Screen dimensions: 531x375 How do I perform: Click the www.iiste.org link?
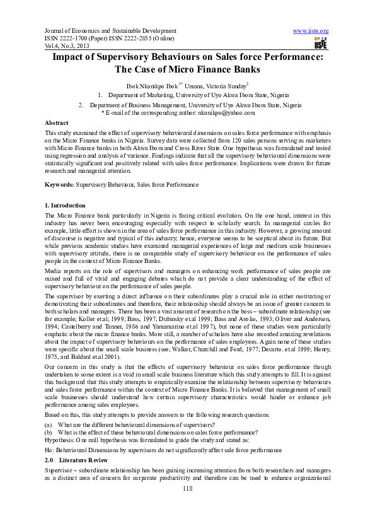(x=311, y=31)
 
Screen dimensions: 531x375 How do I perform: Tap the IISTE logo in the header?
(x=320, y=43)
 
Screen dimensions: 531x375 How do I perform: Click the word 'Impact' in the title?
(x=71, y=57)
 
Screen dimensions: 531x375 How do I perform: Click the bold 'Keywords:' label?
(x=59, y=184)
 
